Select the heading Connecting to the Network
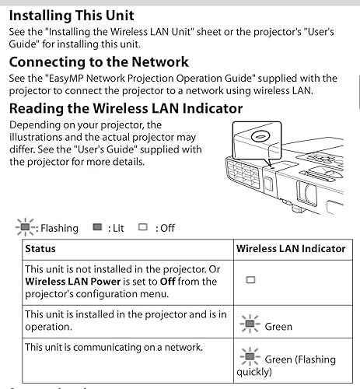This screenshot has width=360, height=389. click(99, 61)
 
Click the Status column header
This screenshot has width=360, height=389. click(40, 248)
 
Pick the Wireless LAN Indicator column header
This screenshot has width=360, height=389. click(291, 248)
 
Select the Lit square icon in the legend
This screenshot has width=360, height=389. click(97, 228)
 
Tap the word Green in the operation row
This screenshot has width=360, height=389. click(278, 326)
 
